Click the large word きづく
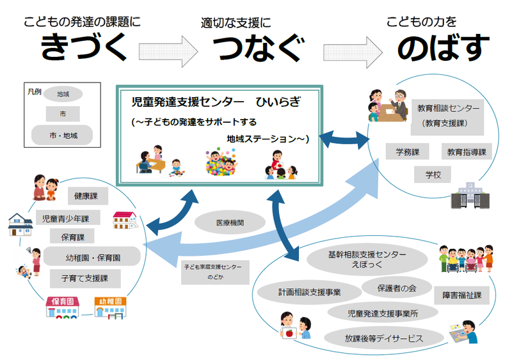coord(81,48)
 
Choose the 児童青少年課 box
coord(67,218)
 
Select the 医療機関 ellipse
coord(230,223)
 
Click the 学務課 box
coord(407,152)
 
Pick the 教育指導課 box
coord(467,152)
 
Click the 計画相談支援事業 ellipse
coord(309,292)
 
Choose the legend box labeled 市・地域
coord(62,136)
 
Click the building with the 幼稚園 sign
coord(111,308)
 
